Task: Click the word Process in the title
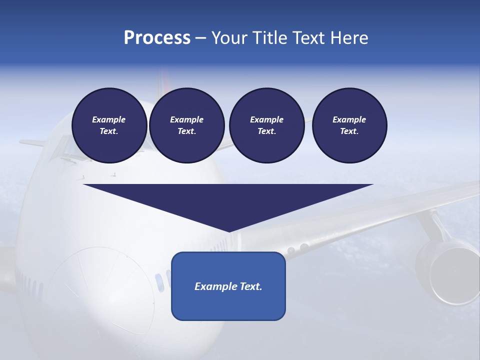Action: pyautogui.click(x=157, y=38)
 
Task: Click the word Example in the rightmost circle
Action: pyautogui.click(x=349, y=119)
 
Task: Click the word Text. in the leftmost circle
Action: pyautogui.click(x=109, y=131)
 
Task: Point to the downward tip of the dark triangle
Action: pyautogui.click(x=229, y=230)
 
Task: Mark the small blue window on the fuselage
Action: pyautogui.click(x=159, y=282)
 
